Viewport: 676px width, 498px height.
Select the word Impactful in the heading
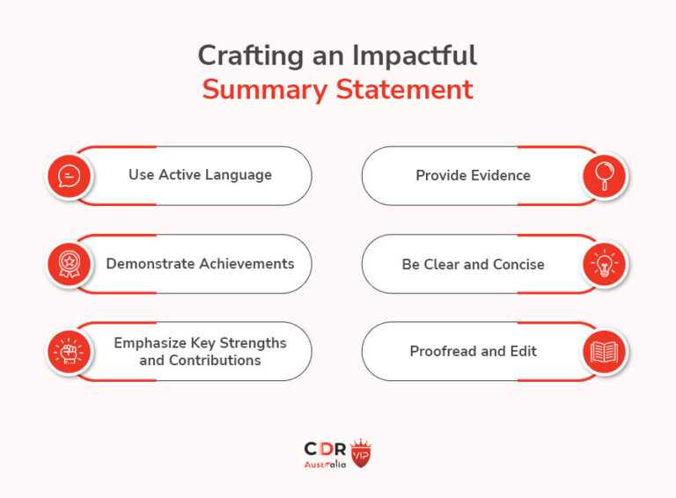coord(415,55)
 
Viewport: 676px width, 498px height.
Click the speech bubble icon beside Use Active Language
coord(68,176)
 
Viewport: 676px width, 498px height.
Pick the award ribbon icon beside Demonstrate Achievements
coord(68,264)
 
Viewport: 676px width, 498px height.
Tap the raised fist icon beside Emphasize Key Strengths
coord(68,351)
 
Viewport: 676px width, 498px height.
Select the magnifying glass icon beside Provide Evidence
coord(604,176)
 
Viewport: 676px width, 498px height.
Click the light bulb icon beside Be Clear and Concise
coord(604,264)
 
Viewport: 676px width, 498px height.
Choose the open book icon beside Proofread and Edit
coord(604,352)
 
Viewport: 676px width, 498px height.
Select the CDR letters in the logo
coord(325,449)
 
